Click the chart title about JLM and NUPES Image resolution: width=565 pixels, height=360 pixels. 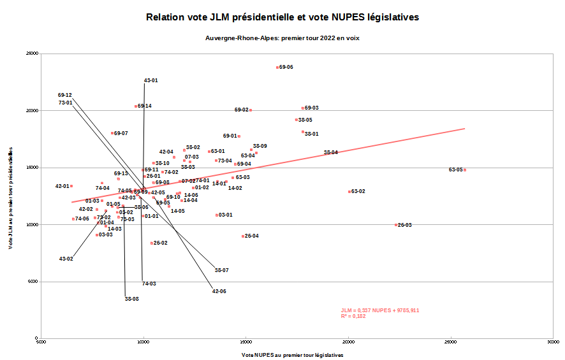click(x=282, y=17)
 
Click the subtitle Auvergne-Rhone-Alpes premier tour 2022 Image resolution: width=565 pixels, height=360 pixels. click(x=282, y=38)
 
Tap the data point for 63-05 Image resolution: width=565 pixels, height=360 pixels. click(x=465, y=170)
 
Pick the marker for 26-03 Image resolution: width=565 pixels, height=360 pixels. click(x=396, y=225)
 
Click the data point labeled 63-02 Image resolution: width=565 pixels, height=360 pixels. click(x=349, y=192)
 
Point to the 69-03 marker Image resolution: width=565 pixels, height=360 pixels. click(x=303, y=108)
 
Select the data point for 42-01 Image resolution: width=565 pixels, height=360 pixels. click(x=71, y=186)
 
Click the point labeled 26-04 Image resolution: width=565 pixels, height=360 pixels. click(x=243, y=236)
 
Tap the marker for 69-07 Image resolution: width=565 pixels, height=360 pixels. click(x=112, y=133)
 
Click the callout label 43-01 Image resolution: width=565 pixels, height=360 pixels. click(x=150, y=80)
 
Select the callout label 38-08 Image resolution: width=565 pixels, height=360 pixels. click(x=131, y=299)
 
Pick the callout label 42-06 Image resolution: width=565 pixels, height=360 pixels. click(x=219, y=291)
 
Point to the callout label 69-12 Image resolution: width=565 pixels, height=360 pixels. click(x=64, y=95)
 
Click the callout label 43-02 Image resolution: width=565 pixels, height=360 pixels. click(x=66, y=259)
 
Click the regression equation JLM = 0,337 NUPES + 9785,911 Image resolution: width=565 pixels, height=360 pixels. click(x=380, y=310)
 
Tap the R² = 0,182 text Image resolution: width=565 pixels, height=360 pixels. click(x=353, y=316)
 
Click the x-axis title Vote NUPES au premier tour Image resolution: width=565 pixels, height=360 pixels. click(x=292, y=355)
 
